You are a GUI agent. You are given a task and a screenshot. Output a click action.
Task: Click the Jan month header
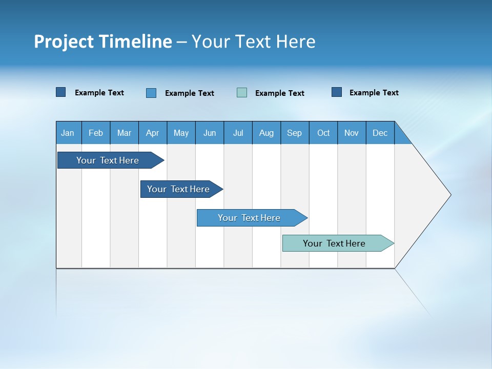point(68,133)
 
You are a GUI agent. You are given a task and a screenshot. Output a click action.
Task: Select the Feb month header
point(96,133)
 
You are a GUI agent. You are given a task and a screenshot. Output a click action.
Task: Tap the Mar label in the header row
point(124,133)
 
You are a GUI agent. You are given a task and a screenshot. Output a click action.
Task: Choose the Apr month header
point(153,133)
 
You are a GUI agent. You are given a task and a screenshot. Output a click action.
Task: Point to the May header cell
point(181,133)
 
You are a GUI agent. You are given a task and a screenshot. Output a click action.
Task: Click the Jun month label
point(210,133)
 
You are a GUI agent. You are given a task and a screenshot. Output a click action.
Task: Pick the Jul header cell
point(238,133)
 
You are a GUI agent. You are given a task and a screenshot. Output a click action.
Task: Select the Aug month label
point(266,133)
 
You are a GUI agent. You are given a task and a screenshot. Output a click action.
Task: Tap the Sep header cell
point(295,133)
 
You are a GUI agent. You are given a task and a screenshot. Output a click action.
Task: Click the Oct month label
point(323,133)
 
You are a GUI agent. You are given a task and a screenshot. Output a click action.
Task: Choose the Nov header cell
point(352,133)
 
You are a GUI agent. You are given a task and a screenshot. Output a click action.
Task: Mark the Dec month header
point(380,133)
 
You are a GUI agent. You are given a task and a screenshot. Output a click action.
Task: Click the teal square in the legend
point(242,93)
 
